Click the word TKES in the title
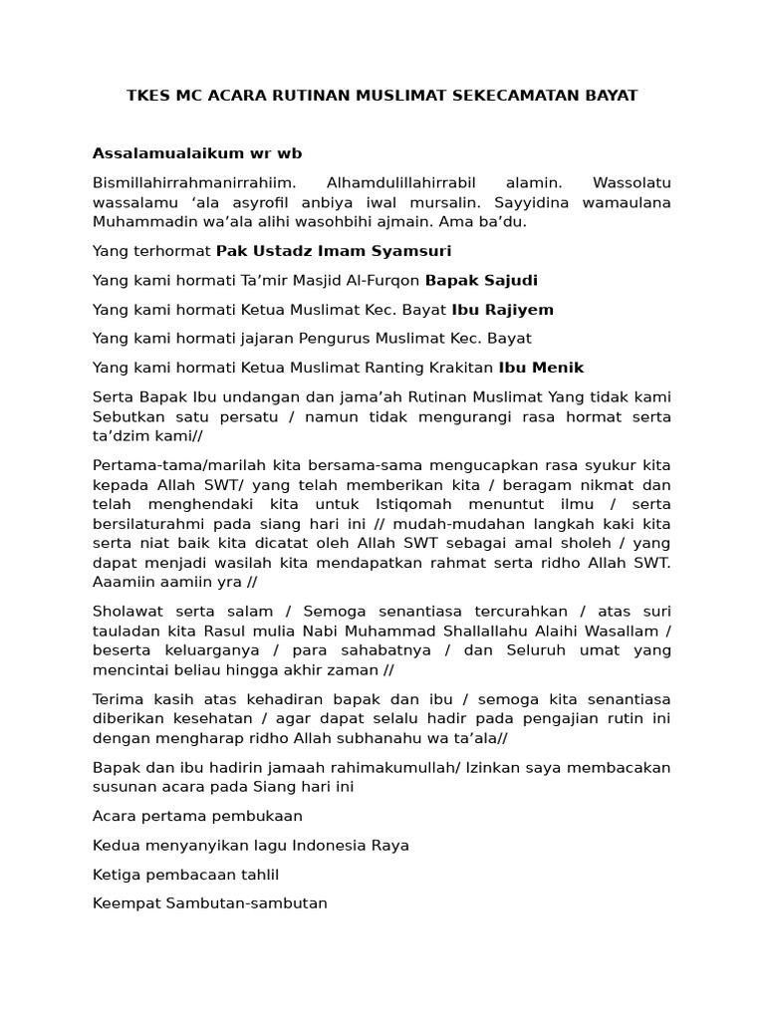147,96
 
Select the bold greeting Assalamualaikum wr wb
196,152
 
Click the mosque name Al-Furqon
385,280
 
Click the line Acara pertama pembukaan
197,816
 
